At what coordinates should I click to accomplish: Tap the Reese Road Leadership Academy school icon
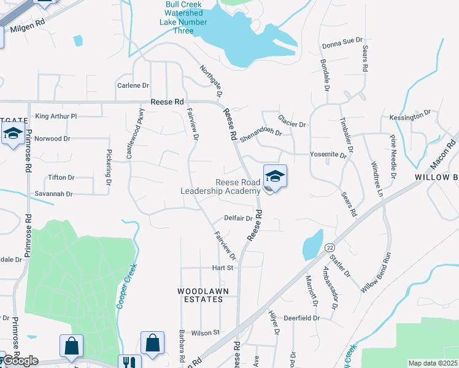(276, 177)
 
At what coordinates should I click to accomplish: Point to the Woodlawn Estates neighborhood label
(200, 295)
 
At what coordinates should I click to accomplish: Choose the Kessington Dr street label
(410, 117)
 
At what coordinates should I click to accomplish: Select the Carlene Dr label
(133, 86)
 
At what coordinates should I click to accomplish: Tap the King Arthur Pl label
(56, 116)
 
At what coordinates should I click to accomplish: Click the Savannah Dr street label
(53, 194)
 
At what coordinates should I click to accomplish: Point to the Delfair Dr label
(238, 218)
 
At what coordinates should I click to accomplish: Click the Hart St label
(223, 268)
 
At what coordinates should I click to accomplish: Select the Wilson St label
(205, 332)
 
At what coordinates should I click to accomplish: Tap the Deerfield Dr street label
(302, 318)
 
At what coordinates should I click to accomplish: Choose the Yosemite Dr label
(328, 155)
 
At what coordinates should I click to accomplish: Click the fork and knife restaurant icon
(129, 362)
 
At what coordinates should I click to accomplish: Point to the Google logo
(20, 361)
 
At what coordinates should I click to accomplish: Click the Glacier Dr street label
(291, 124)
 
